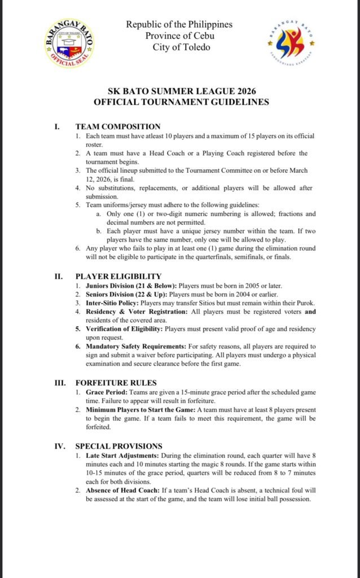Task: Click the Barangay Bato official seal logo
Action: coord(69,44)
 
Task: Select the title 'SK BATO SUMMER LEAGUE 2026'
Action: coord(181,91)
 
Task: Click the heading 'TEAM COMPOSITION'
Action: coord(118,126)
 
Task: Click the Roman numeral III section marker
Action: coord(60,383)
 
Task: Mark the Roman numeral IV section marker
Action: coord(60,446)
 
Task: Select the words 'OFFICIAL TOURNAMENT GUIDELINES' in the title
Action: coord(181,102)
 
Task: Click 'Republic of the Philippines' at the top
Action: coord(179,25)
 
